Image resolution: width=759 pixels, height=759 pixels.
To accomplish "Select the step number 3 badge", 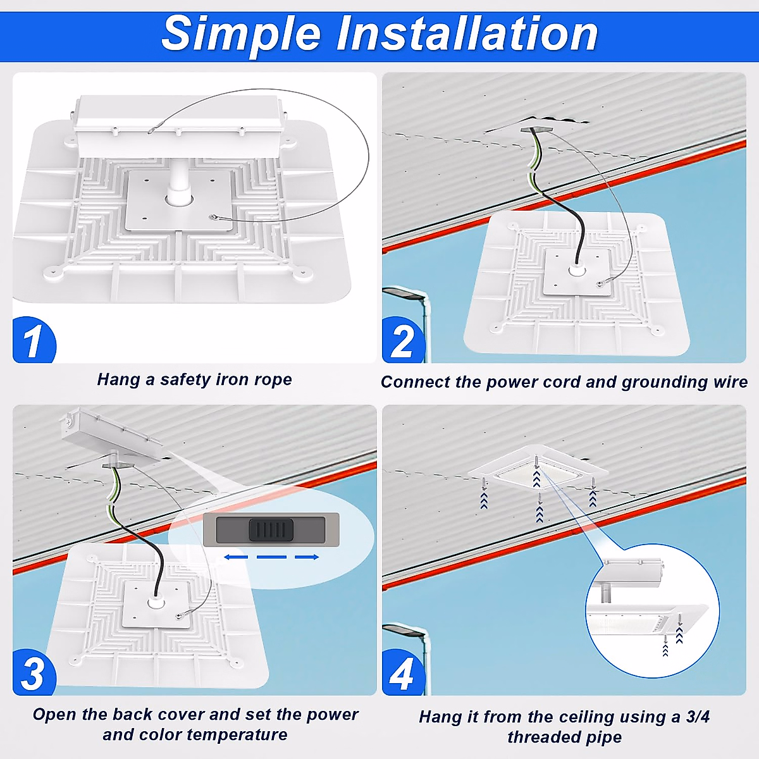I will tap(33, 674).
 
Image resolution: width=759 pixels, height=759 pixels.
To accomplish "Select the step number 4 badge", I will tap(402, 674).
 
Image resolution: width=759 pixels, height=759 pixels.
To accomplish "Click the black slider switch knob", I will tap(271, 530).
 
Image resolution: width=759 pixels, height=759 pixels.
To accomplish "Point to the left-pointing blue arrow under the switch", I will tap(235, 557).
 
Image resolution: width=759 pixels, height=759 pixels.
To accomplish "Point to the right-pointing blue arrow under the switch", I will tap(307, 557).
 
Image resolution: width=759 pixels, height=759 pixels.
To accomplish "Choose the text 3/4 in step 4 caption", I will tap(698, 717).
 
